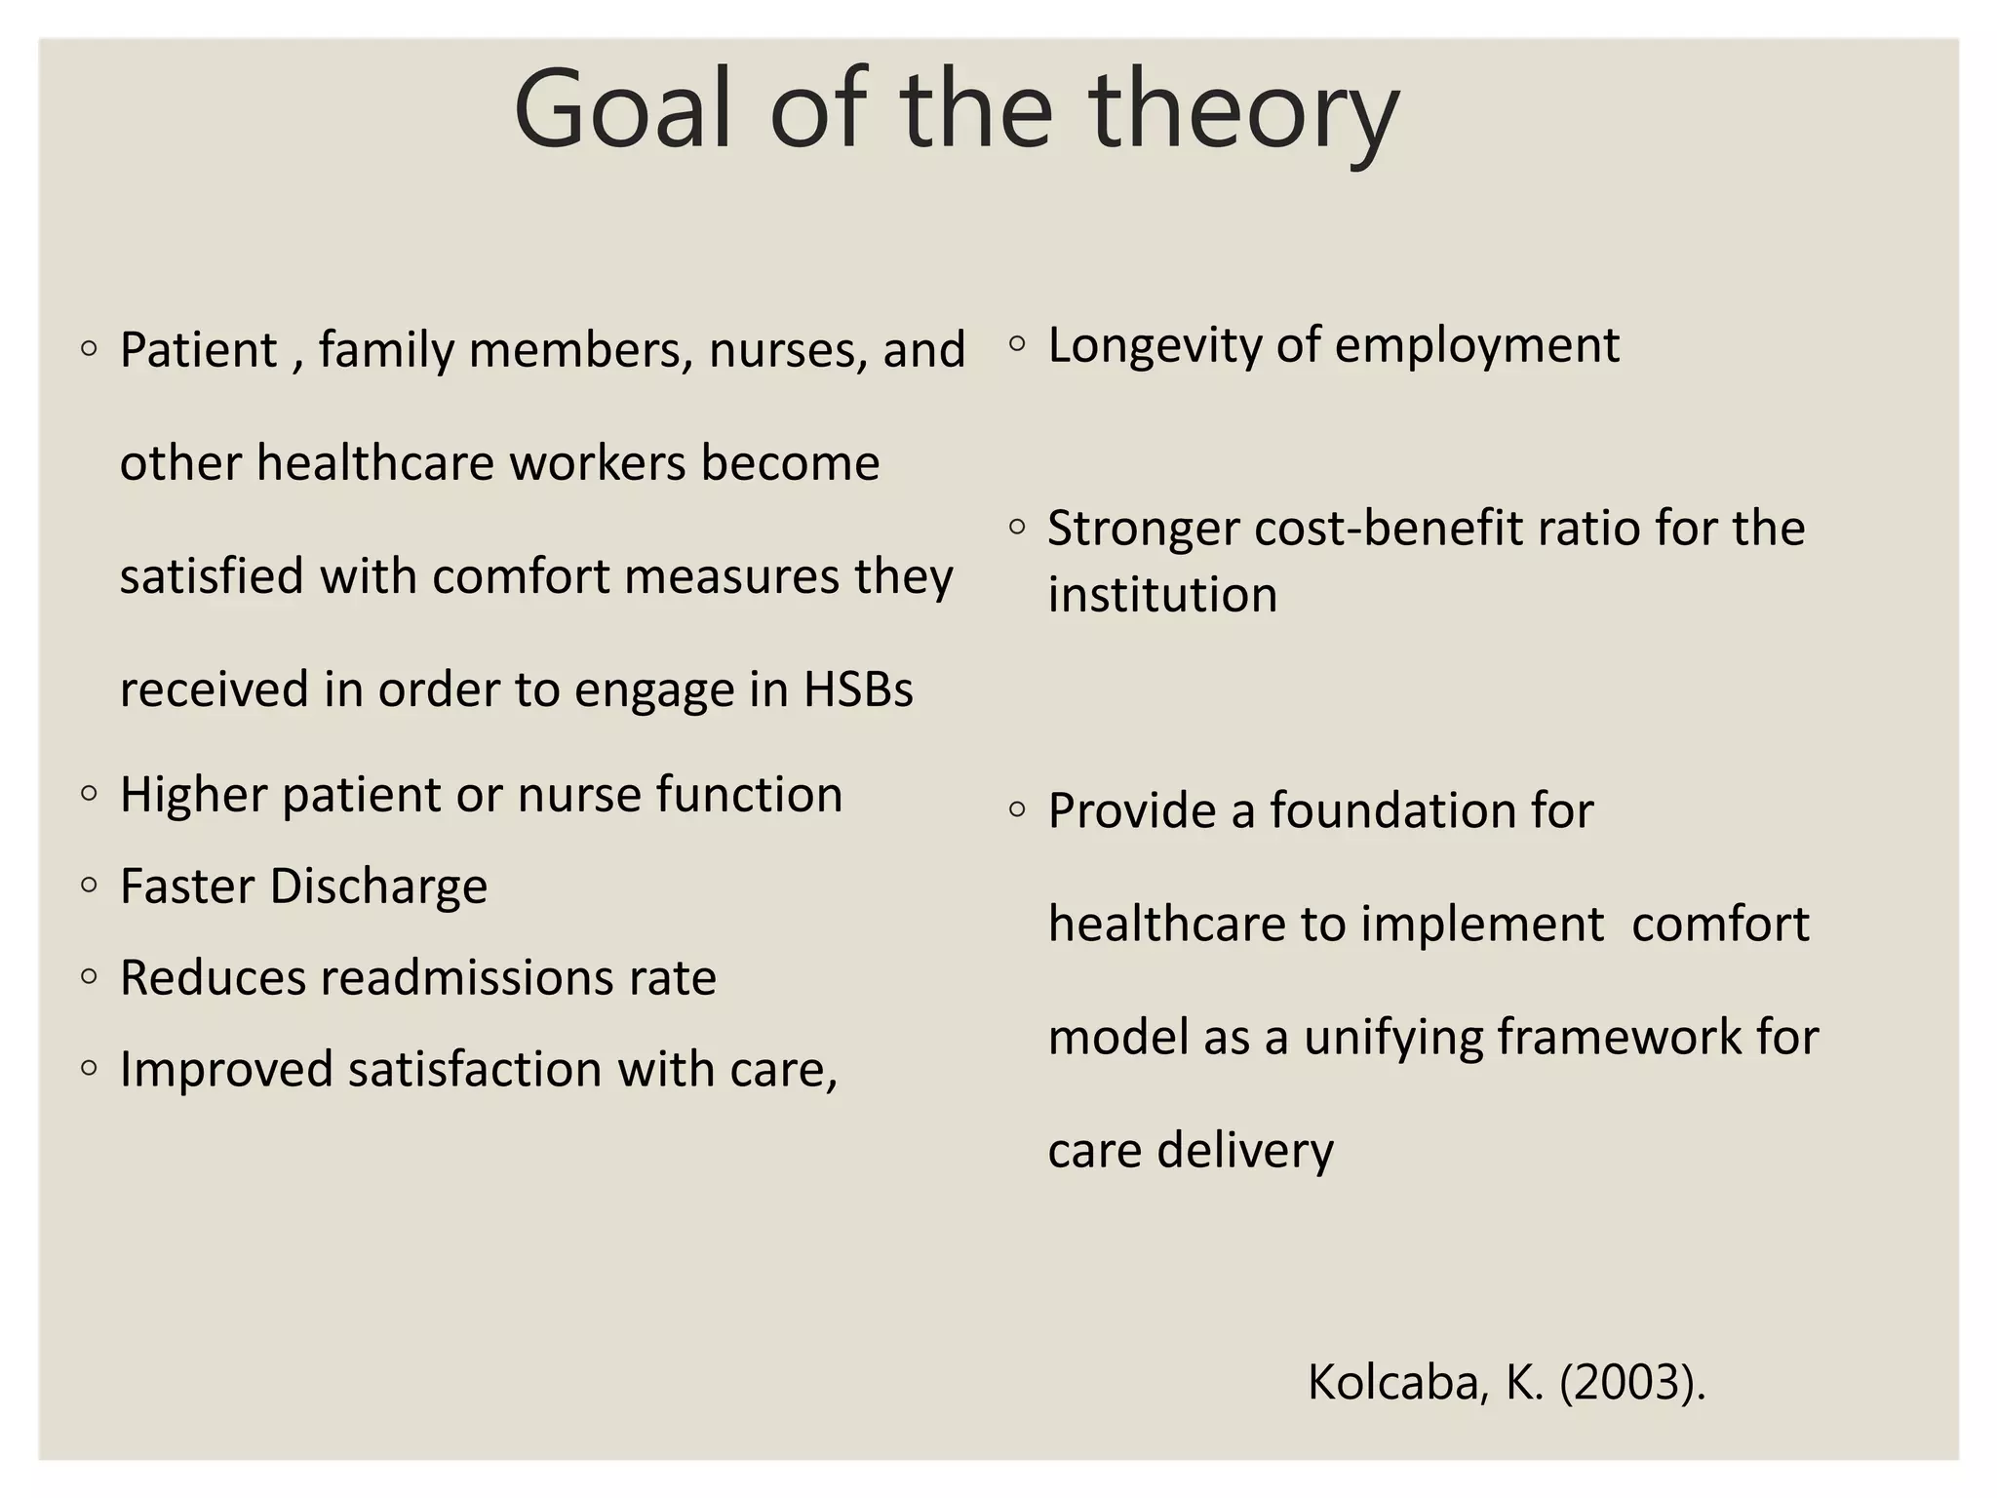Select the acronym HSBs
coord(858,689)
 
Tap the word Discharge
coord(378,887)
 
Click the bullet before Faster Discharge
coord(90,886)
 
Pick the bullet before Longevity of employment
coord(1017,343)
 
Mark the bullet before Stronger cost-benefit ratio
coord(1017,527)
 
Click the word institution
coord(1162,595)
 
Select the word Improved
coord(226,1069)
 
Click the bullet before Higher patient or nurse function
coord(90,794)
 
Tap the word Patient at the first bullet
coord(198,350)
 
